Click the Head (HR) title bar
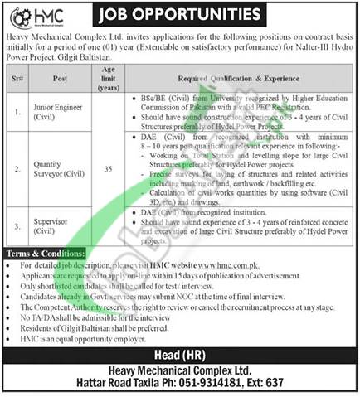point(179,355)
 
